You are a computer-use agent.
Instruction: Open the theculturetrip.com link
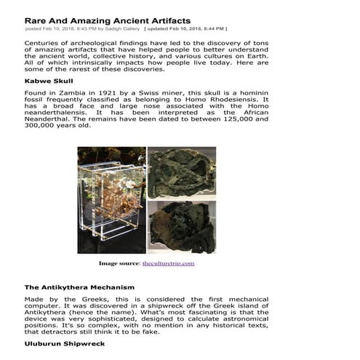pyautogui.click(x=168, y=263)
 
